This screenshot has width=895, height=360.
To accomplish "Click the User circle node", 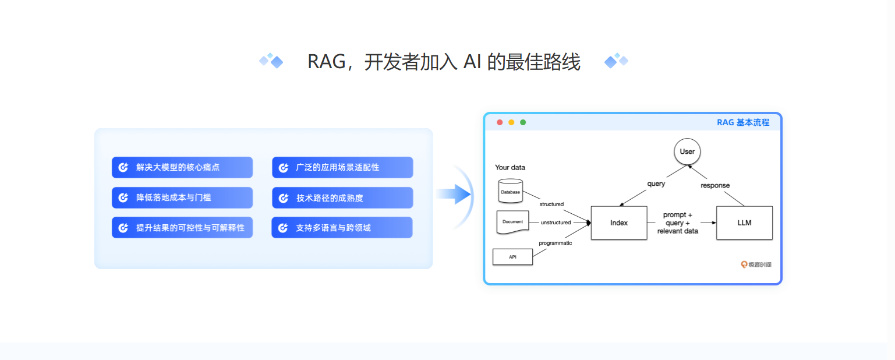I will click(687, 151).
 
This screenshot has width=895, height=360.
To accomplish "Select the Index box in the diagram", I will click(619, 223).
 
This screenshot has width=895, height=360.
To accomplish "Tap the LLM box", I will click(744, 223).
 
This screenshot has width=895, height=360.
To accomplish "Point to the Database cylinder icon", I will click(511, 191).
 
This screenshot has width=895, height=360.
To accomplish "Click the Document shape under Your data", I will click(512, 222).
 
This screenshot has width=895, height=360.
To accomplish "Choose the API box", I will click(512, 257).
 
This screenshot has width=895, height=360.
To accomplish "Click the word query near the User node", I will click(656, 183).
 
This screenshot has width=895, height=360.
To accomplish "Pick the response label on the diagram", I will click(715, 185).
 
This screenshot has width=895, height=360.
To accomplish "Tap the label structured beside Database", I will click(551, 204).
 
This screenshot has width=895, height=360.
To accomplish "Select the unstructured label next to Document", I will click(556, 223).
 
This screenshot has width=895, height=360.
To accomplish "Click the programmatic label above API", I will click(555, 243).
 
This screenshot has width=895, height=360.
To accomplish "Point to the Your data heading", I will click(510, 167).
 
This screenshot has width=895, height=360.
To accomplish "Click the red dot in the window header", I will click(500, 122).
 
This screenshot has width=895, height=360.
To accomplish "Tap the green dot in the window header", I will click(523, 122).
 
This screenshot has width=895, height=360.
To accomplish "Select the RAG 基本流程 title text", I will click(743, 122).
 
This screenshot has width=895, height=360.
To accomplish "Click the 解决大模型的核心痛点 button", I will click(182, 167).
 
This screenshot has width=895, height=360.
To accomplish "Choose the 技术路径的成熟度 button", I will click(342, 198).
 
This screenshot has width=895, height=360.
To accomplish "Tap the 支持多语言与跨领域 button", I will click(342, 228).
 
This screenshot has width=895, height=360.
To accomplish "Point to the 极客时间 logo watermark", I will click(756, 264).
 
